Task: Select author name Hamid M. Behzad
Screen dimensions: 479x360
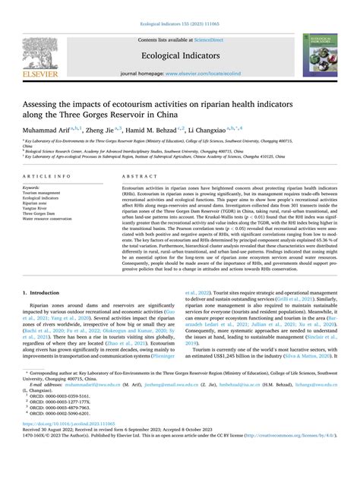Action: point(148,131)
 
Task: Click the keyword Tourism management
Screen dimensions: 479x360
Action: point(43,192)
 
